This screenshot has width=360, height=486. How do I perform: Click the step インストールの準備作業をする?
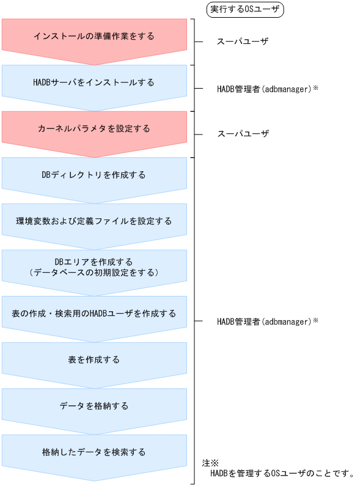[x=94, y=36]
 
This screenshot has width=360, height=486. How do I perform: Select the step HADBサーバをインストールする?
[x=94, y=82]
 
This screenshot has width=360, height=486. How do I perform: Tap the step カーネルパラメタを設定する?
[x=94, y=128]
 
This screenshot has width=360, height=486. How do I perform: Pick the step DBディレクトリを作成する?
[x=94, y=175]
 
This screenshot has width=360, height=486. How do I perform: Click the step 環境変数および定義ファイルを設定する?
[x=94, y=221]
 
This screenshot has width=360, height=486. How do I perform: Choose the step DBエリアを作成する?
[x=94, y=262]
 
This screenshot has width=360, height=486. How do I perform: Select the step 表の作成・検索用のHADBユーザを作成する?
[x=94, y=314]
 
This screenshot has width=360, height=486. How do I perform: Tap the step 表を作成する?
[x=94, y=359]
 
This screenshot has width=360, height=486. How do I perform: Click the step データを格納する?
[x=94, y=405]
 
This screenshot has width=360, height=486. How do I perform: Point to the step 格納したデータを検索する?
[x=94, y=452]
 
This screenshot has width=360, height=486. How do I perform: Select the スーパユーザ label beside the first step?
[x=243, y=42]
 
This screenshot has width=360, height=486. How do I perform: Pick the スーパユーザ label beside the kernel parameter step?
[x=243, y=134]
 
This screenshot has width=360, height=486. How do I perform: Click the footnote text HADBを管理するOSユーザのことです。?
[x=282, y=473]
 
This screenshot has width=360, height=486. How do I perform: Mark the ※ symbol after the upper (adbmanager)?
[x=316, y=88]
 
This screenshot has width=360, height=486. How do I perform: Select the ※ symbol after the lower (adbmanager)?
[x=316, y=320]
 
